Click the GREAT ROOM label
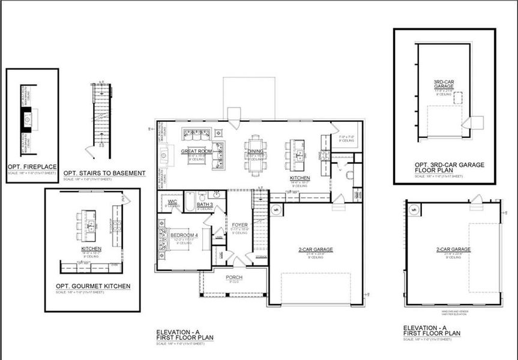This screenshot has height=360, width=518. coord(197,151)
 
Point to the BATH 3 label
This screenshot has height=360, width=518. coord(205,205)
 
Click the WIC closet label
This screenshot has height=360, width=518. coord(172,202)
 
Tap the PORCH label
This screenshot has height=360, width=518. coord(234,277)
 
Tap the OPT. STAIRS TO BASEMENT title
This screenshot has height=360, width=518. coord(104,173)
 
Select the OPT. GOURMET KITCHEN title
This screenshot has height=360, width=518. coord(92,286)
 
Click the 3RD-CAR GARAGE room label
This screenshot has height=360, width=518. coord(444,84)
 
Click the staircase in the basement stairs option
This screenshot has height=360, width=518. coord(101,114)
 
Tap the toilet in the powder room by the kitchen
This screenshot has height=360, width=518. coord(349,175)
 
